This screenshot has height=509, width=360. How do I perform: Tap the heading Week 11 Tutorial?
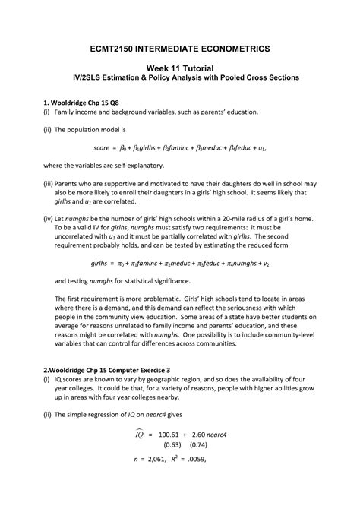click(x=179, y=68)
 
